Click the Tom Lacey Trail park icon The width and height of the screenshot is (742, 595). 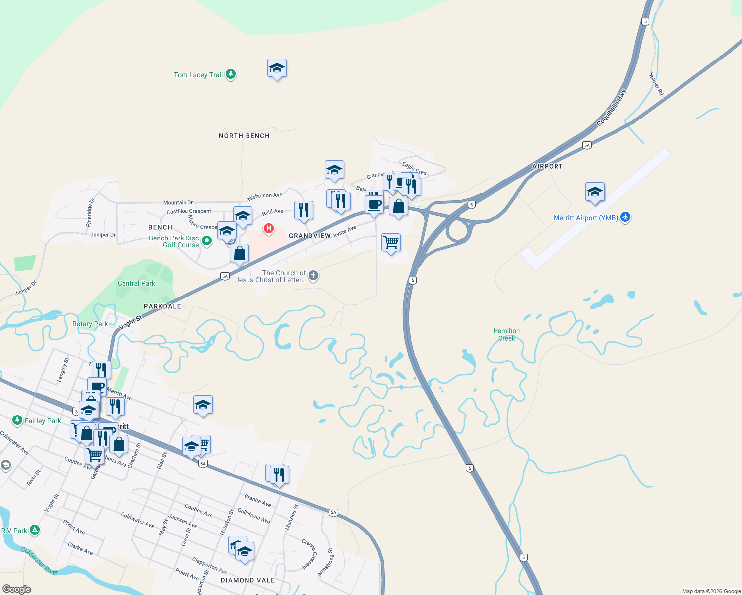coord(231,74)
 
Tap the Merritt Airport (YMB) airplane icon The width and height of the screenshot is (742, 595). coord(625,217)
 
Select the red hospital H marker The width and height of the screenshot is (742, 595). coord(268,228)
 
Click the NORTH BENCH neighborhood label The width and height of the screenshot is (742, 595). coord(244,136)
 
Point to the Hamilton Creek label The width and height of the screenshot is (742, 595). coord(506,334)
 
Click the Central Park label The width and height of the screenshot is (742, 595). coord(136,283)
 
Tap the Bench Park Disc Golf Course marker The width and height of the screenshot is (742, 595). coord(207,241)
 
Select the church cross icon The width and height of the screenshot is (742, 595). coord(313,275)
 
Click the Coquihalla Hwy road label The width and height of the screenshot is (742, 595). coord(612,107)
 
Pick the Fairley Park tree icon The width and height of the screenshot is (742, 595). coord(17,420)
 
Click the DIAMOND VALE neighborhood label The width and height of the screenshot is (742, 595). coord(247,580)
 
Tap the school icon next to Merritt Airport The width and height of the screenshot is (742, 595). coord(594,192)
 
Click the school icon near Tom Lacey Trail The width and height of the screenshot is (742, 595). coord(277,68)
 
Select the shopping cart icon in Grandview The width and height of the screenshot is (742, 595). coord(391,242)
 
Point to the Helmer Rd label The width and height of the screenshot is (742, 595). coord(656,84)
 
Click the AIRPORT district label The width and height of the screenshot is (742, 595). coord(547,166)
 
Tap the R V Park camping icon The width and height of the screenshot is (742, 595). coord(34,530)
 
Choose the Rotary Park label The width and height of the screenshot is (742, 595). coord(90,324)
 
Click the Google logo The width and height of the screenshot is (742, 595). coord(17,589)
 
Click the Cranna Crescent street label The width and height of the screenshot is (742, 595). coord(309,554)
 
